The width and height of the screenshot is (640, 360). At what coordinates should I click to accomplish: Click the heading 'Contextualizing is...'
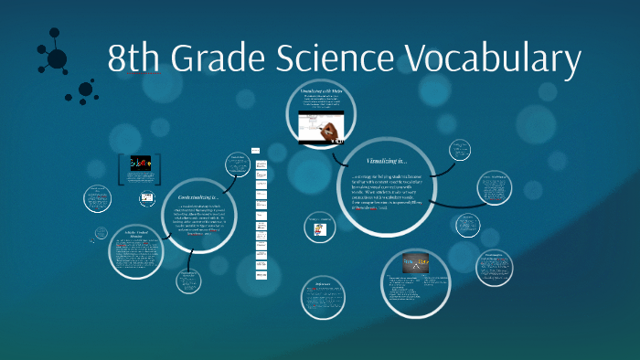(199, 197)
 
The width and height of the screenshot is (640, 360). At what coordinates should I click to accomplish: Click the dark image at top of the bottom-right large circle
(415, 263)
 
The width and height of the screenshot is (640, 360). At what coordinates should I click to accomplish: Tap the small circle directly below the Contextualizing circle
(189, 280)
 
